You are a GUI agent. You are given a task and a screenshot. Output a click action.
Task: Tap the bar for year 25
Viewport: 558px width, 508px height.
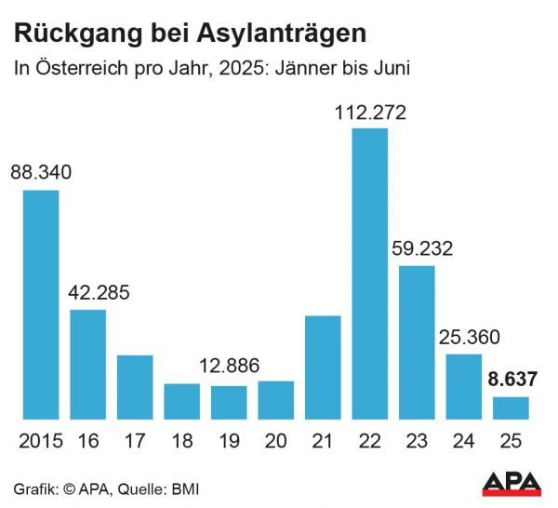tap(511, 408)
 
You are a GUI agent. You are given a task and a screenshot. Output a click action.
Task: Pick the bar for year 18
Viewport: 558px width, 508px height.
tap(181, 401)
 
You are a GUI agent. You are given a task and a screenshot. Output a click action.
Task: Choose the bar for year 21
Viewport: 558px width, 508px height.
tap(323, 368)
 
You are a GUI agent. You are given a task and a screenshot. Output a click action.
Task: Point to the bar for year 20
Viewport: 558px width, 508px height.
tap(275, 400)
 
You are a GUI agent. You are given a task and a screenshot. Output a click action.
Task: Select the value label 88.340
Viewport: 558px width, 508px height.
tap(41, 174)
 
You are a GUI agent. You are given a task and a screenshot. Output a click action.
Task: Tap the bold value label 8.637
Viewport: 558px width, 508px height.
tap(511, 381)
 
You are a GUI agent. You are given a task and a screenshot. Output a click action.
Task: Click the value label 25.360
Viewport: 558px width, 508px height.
tap(464, 338)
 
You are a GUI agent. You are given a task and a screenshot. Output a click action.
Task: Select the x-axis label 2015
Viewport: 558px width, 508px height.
tap(40, 441)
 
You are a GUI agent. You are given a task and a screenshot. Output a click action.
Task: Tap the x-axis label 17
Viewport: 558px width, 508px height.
tap(135, 441)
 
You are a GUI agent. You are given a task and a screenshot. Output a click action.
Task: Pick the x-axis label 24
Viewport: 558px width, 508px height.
tap(464, 441)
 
